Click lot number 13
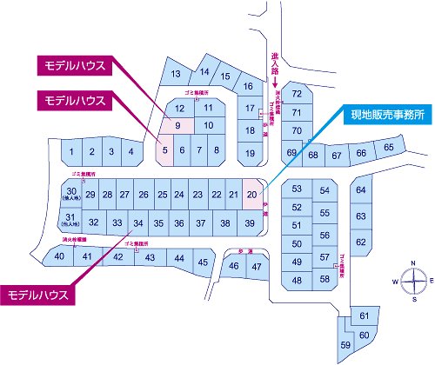pyautogui.click(x=175, y=74)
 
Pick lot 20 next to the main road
pyautogui.click(x=251, y=194)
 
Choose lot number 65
pyautogui.click(x=388, y=149)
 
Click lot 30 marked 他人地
pyautogui.click(x=72, y=194)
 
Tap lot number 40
pyautogui.click(x=59, y=256)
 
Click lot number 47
pyautogui.click(x=255, y=266)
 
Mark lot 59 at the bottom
pyautogui.click(x=346, y=344)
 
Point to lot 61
pyautogui.click(x=364, y=316)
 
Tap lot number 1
pyautogui.click(x=70, y=152)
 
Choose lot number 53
pyautogui.click(x=297, y=189)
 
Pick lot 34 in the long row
pyautogui.click(x=138, y=223)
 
